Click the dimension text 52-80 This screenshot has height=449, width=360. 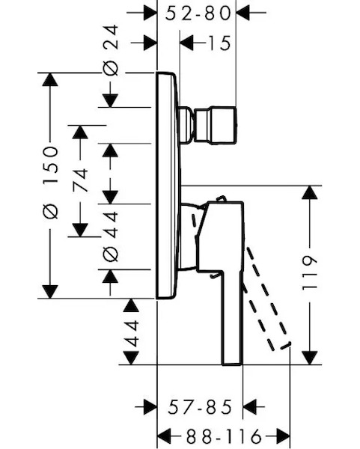pos(198,13)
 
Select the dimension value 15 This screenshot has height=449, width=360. pos(219,43)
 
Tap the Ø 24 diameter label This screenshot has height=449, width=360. pos(111,50)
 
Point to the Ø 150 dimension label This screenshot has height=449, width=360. pos(51,183)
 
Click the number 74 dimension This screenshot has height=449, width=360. pos(80,180)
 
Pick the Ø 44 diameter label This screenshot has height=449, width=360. pos(111,236)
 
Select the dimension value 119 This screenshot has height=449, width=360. pos(310,273)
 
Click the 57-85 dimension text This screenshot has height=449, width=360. pos(200,407)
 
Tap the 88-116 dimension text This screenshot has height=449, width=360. pos(224,437)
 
